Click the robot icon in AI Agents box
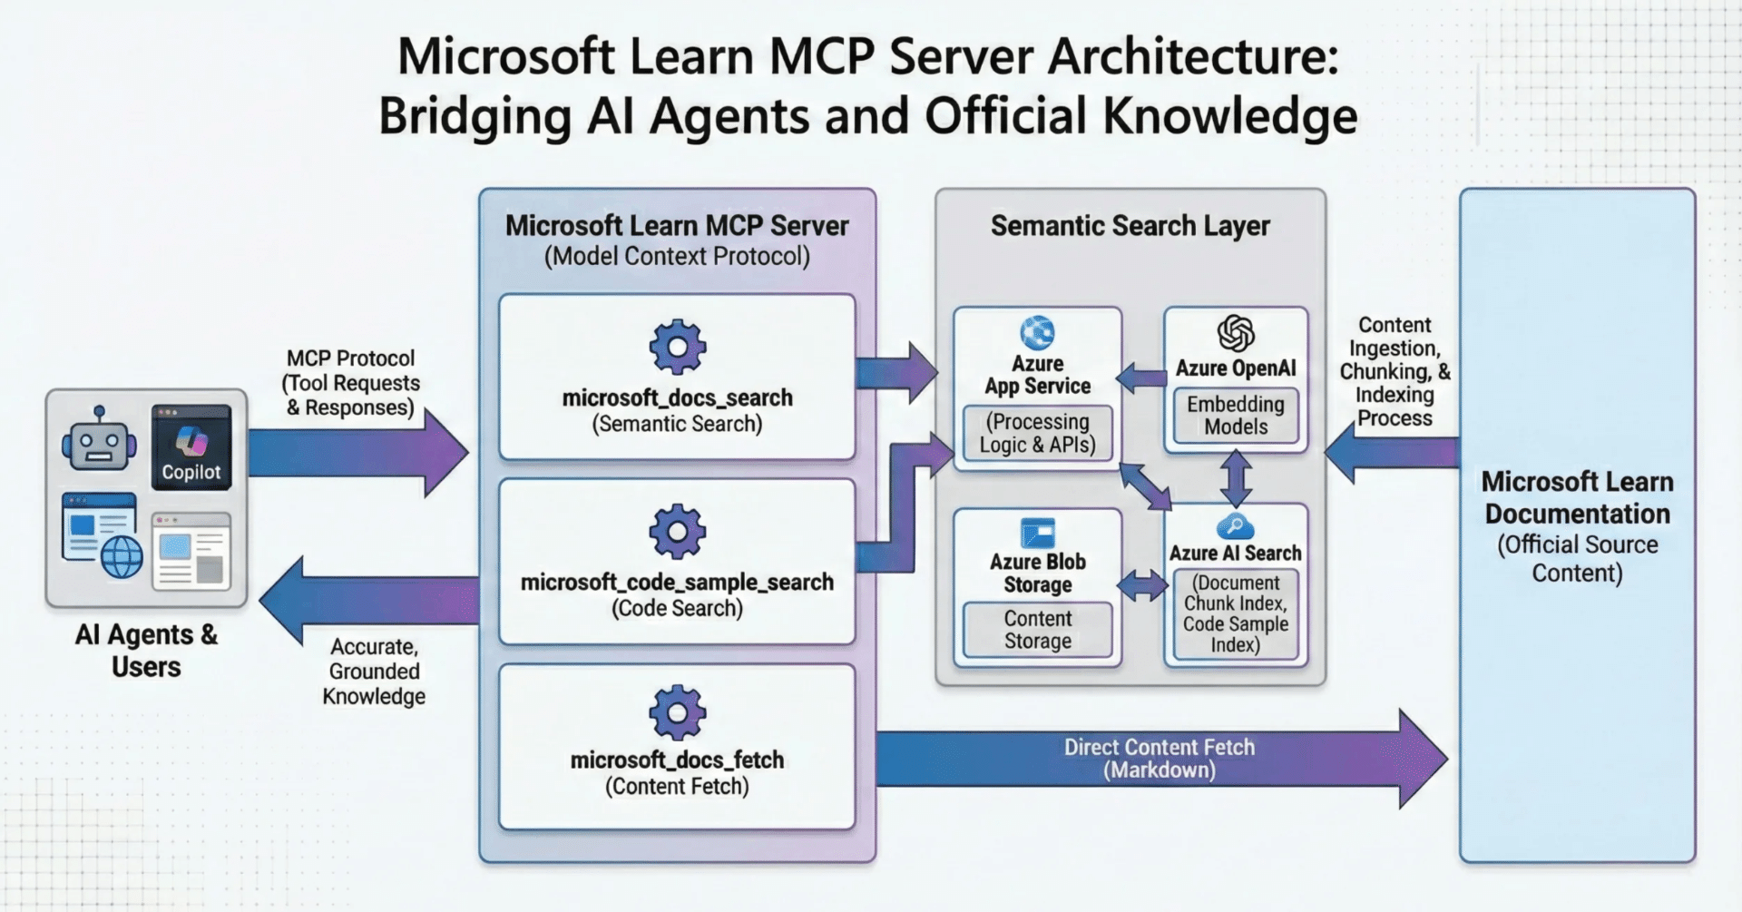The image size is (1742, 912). click(x=99, y=439)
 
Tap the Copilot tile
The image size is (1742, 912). click(x=191, y=447)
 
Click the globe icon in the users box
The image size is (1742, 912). click(x=122, y=554)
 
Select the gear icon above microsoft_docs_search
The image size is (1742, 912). click(x=677, y=347)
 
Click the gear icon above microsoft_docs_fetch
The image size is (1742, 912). click(x=677, y=712)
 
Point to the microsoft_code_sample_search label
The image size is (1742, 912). click(x=677, y=582)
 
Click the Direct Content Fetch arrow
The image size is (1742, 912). click(x=1159, y=759)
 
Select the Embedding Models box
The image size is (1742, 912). click(x=1235, y=416)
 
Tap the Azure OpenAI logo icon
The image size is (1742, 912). click(x=1235, y=333)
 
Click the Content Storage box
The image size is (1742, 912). click(x=1037, y=630)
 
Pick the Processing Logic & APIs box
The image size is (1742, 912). click(x=1037, y=434)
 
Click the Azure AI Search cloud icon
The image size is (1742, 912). click(x=1235, y=525)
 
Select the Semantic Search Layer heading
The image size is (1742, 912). click(x=1130, y=225)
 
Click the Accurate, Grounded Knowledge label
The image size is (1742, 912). click(x=374, y=672)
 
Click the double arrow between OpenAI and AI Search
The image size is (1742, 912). click(x=1236, y=478)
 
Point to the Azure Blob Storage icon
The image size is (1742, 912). click(x=1037, y=532)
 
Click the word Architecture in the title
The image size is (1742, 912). click(x=1192, y=56)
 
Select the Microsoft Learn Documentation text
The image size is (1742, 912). click(x=1577, y=497)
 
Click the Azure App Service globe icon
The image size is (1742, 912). click(x=1037, y=332)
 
